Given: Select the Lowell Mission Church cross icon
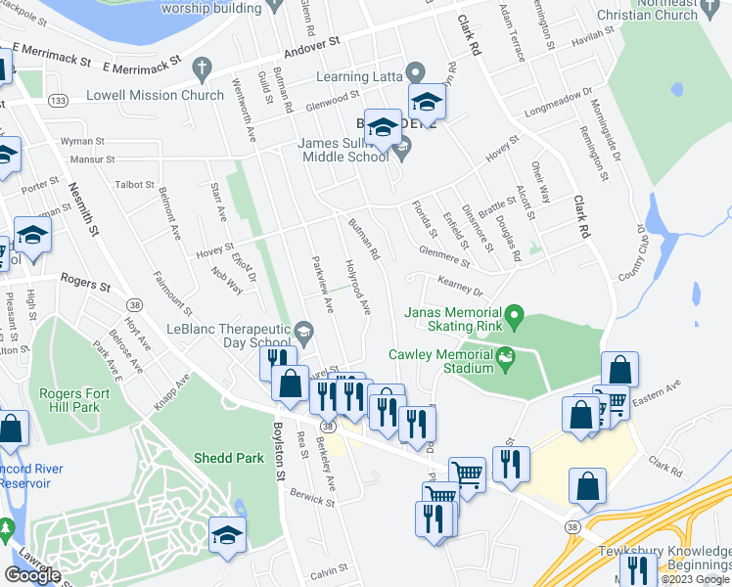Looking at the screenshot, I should click(x=202, y=69).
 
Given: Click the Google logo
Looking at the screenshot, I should click(x=32, y=575).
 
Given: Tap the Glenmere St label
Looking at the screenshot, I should click(x=443, y=256).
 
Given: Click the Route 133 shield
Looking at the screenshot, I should click(x=59, y=101).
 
